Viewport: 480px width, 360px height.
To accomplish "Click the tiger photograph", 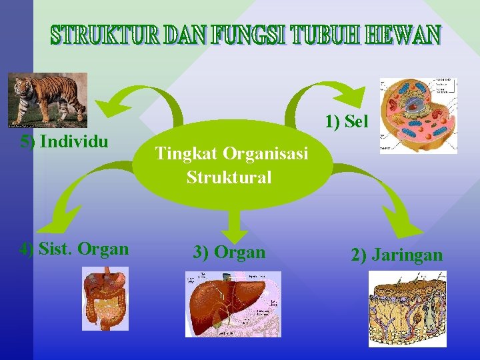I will [47, 99].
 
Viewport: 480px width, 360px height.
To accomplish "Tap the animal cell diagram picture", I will [418, 115].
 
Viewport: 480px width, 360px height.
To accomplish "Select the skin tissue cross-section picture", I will [407, 309].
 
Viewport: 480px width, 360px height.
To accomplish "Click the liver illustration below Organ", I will [233, 303].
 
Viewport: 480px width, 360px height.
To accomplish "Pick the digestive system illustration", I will [105, 298].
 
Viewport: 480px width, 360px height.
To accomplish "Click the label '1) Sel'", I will [346, 122].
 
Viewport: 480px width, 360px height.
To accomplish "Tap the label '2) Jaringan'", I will [397, 255].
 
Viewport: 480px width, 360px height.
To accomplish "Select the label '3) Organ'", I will [229, 252].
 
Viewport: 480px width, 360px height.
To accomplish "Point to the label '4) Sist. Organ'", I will [74, 249].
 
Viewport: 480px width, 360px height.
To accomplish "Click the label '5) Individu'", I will [65, 141].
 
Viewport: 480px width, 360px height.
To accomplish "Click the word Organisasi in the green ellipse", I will [265, 154].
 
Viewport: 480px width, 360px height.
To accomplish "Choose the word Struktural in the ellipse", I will [229, 177].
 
